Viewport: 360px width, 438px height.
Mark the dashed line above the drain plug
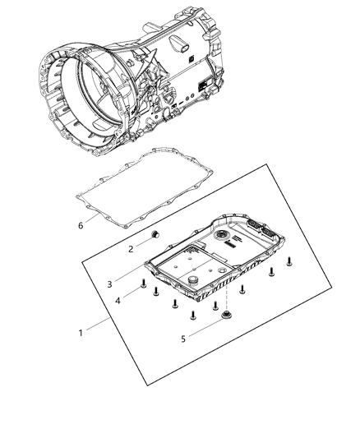coord(223,288)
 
